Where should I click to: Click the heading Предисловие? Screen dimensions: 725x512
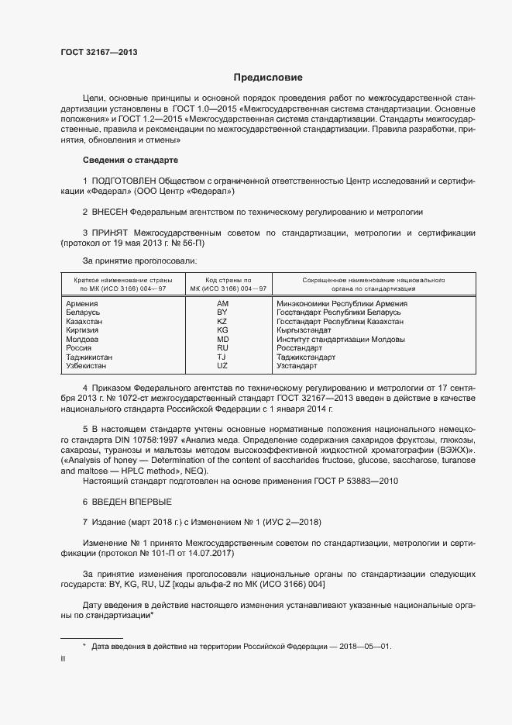coord(268,78)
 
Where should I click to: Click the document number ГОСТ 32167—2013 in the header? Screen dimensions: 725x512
coord(99,52)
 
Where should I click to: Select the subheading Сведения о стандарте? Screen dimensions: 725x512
coord(130,160)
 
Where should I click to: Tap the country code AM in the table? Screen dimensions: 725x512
coord(222,304)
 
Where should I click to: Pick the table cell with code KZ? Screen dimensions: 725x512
coord(222,321)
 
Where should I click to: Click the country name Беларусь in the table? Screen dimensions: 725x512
coord(84,312)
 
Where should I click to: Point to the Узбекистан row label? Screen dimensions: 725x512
coord(88,365)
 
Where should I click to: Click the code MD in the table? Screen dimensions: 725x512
coord(222,339)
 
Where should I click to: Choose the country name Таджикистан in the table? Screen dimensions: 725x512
coord(90,357)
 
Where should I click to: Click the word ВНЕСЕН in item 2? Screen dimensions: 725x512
coord(108,210)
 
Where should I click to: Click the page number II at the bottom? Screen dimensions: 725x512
coord(63,659)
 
